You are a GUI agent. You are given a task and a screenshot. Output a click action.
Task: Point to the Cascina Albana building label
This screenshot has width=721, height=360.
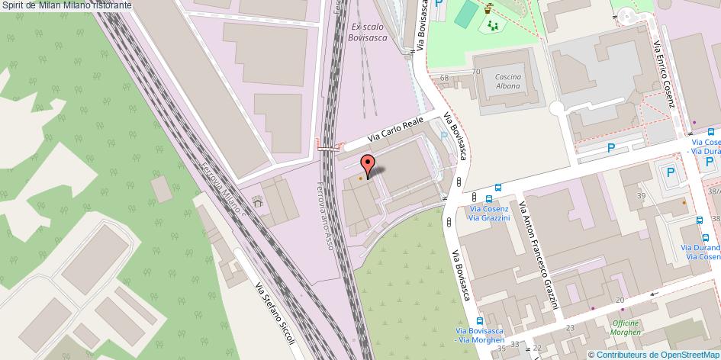coord(507,82)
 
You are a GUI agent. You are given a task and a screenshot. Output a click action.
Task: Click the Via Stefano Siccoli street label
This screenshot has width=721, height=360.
coord(275,313)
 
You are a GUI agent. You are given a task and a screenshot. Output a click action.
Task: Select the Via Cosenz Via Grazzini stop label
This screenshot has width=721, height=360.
coord(489,214)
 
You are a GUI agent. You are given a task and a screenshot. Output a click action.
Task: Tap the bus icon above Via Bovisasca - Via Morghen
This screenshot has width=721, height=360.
coord(480,321)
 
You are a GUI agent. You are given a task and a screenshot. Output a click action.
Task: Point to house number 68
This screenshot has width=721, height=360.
coord(444,78)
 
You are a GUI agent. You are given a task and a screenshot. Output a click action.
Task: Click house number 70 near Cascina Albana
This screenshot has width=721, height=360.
coord(476,72)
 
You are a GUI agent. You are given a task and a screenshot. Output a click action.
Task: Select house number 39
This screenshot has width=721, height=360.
coord(642,196)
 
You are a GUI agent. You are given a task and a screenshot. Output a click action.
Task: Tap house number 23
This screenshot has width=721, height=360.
coord(570,328)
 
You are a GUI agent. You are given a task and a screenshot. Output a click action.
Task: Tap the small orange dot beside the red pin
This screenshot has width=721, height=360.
coord(360,178)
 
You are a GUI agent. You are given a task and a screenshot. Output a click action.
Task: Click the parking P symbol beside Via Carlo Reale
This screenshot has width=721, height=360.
coord(445,136)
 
